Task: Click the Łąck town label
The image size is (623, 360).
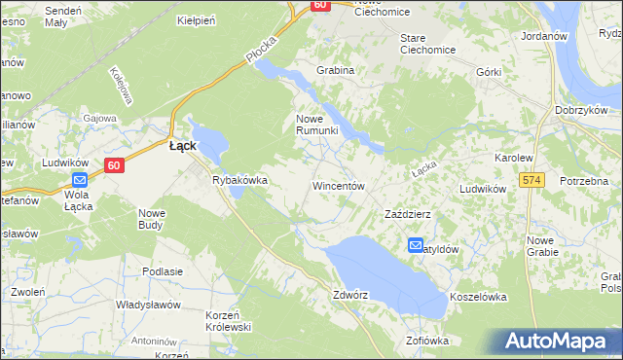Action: click(183, 146)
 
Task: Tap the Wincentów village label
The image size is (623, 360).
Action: click(338, 185)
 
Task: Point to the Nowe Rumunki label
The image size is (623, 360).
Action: click(316, 125)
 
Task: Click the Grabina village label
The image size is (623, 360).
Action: click(334, 71)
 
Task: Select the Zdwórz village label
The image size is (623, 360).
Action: click(352, 294)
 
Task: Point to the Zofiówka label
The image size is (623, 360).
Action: click(427, 341)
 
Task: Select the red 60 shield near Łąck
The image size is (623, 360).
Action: click(114, 165)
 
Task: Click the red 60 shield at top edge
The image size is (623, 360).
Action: click(320, 5)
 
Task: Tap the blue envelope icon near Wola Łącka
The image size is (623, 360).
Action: click(80, 179)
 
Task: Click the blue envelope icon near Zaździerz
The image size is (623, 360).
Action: click(416, 246)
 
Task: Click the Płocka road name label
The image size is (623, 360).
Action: click(262, 52)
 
